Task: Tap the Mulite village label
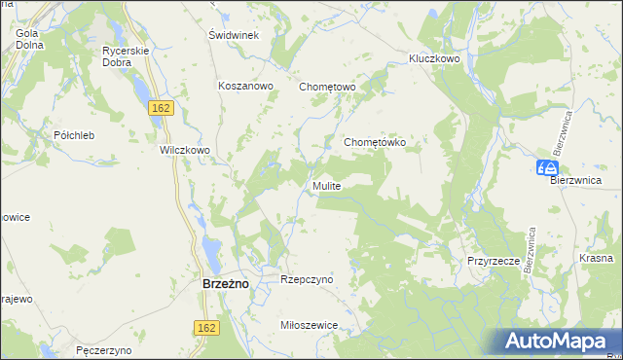coord(326,185)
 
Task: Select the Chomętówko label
coord(381,142)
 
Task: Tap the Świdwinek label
coord(233,35)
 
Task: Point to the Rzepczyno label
coord(307,279)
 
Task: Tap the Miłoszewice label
coord(308,326)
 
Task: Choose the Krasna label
coord(595,258)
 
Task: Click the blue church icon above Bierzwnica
coord(545,167)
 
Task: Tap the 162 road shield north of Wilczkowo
coord(162,108)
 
